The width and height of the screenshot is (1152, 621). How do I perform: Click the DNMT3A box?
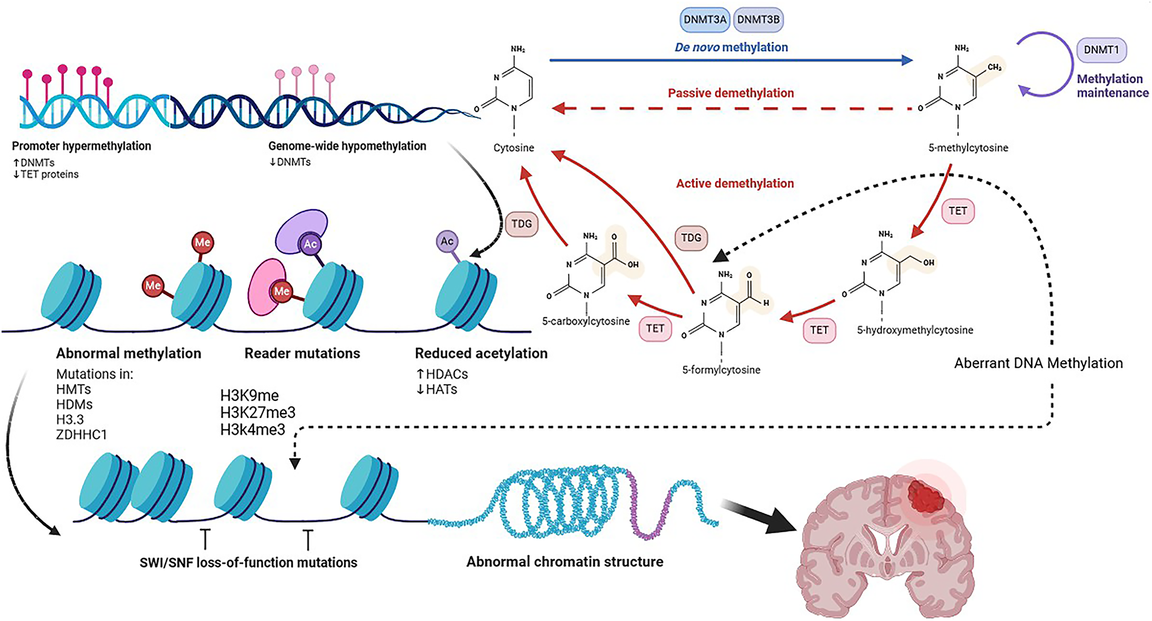(x=705, y=19)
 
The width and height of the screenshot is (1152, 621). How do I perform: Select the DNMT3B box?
(x=758, y=19)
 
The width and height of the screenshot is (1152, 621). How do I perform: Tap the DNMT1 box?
(x=1101, y=50)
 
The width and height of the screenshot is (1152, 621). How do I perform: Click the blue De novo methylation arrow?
(x=731, y=60)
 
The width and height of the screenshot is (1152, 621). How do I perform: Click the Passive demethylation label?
(x=731, y=93)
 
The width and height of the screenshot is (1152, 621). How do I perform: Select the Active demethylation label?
(x=735, y=183)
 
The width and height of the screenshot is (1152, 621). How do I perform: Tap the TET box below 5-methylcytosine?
(x=957, y=211)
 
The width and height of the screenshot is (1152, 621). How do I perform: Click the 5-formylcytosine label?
(x=721, y=369)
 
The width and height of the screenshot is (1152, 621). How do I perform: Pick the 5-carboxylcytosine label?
(x=586, y=321)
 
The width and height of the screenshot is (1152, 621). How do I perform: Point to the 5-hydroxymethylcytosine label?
(x=915, y=330)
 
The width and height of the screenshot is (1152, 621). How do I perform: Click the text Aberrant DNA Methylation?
(x=1038, y=363)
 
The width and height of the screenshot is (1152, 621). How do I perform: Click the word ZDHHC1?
(x=81, y=434)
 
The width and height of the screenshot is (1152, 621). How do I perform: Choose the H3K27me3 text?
(x=257, y=412)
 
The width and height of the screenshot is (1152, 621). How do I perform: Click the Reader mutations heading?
(x=302, y=353)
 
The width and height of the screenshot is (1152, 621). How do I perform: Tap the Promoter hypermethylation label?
(x=82, y=146)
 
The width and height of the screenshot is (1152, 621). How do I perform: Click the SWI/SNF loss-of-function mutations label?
(x=248, y=562)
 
